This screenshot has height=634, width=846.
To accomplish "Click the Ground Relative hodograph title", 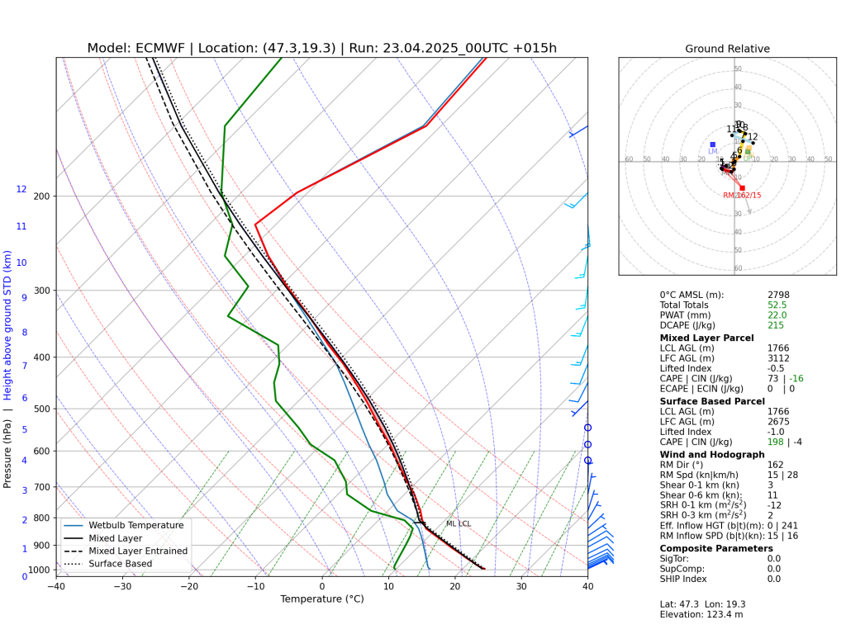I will (x=727, y=49).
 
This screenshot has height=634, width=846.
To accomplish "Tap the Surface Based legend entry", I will (x=129, y=564).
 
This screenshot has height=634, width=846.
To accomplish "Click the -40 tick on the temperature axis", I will (x=56, y=587).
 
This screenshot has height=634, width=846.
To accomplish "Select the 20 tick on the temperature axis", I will (x=455, y=587).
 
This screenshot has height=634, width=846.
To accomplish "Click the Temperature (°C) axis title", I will (x=321, y=599).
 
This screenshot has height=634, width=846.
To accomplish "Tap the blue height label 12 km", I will (x=21, y=190).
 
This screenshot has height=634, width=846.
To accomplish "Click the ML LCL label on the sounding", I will (x=458, y=524).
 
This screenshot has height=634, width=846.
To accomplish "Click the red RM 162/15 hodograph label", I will (x=742, y=196).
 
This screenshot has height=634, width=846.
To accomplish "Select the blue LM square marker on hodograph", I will (x=712, y=144).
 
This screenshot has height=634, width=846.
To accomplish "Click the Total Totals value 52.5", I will (x=777, y=305).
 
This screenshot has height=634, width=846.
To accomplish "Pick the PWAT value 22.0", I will (x=777, y=315).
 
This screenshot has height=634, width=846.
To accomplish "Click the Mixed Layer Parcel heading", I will (x=706, y=338).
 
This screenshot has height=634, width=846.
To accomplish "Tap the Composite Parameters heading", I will (x=716, y=548).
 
